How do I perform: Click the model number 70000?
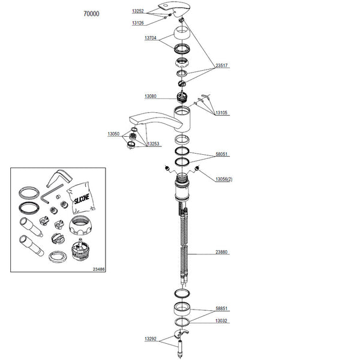coord(91,14)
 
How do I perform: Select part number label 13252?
coord(138,11)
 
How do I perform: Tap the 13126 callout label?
coord(138,23)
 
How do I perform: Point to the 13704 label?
coord(151,38)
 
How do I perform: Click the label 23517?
coord(221,65)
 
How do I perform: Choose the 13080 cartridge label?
coord(151,96)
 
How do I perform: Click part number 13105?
coord(221,113)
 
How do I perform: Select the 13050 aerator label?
coord(113,134)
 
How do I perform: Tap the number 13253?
coord(153,144)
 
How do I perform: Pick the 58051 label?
coord(221,154)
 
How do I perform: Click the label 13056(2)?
coord(224,179)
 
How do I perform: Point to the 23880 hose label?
coord(221,252)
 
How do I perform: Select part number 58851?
coord(221,308)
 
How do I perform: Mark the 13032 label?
coord(221,320)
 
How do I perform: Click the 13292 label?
coord(151,338)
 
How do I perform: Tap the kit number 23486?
coord(99,269)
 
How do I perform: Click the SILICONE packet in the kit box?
coord(81,198)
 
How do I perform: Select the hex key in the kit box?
coord(51,193)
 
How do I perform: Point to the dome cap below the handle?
coord(181,33)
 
